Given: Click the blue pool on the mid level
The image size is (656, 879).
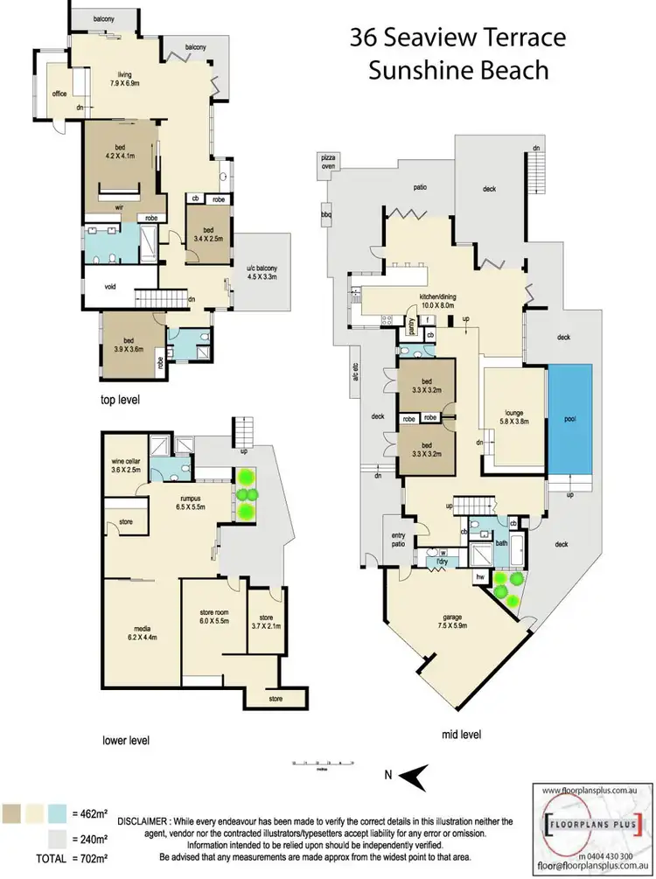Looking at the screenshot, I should (569, 421).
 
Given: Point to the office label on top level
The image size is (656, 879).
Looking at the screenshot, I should (59, 94).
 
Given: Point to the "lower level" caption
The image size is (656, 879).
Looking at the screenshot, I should (125, 740).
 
